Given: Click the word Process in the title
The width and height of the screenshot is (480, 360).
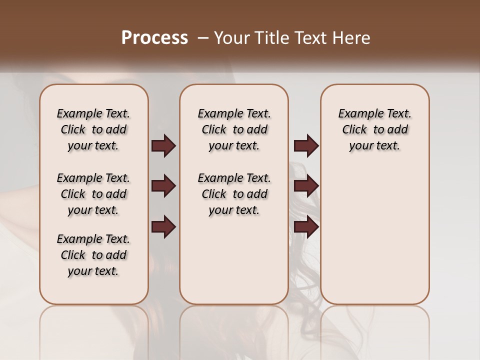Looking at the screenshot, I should pos(154,37).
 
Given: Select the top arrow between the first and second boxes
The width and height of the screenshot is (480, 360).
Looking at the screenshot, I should pos(163,146).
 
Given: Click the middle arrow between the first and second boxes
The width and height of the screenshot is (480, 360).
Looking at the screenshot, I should pos(163,186).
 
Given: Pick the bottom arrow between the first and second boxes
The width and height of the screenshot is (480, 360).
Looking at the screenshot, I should pos(163,227).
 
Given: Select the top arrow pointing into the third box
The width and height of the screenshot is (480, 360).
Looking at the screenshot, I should pos(306,146).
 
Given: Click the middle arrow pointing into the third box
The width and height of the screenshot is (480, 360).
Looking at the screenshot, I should pos(306,186).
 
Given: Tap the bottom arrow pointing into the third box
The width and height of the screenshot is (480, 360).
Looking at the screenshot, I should pos(306,227).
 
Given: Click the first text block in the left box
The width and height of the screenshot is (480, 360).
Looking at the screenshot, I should pos(93,129).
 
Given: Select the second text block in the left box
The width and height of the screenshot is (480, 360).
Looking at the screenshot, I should pos(93,194).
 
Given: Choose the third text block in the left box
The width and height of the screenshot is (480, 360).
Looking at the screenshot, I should pos(93,255).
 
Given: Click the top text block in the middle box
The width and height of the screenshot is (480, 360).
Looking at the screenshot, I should pos(234,129).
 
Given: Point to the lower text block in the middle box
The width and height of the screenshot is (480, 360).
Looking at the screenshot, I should pos(234,194).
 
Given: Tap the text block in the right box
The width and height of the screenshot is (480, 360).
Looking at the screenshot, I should pos(375,129).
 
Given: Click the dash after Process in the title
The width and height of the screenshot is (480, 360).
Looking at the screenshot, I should pos(202,37).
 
